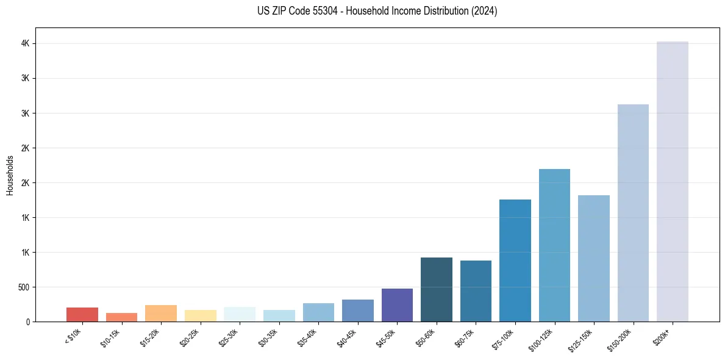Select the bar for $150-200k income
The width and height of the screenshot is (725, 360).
tap(633, 213)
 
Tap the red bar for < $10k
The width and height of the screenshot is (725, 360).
tap(82, 314)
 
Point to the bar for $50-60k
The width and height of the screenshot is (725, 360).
tap(437, 289)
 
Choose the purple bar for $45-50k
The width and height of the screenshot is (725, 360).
tap(397, 305)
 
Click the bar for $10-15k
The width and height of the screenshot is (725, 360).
tap(121, 317)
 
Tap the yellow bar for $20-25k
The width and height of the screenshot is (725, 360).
tap(200, 315)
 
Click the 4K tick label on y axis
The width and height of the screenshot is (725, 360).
tap(25, 44)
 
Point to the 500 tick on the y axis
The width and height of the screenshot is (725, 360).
tap(23, 287)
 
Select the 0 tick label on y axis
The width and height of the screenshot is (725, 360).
tap(28, 322)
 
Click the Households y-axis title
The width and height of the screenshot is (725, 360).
tap(10, 175)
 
